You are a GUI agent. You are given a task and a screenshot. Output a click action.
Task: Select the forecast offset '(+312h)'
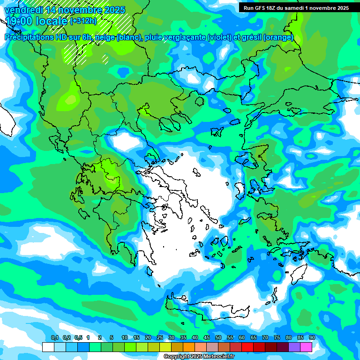[x=83, y=21]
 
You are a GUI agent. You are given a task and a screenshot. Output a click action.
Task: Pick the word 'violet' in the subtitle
[x=219, y=37]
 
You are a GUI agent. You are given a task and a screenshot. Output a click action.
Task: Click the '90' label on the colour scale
[x=312, y=338]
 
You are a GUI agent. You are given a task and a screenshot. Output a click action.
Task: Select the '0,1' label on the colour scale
[x=55, y=338]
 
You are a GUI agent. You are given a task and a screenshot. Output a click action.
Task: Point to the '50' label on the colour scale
[x=218, y=338]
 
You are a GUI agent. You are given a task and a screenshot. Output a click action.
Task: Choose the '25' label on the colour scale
[x=160, y=338]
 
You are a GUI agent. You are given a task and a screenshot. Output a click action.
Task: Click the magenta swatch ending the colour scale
[x=306, y=347]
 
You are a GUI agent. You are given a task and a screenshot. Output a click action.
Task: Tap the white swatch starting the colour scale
[x=48, y=347]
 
